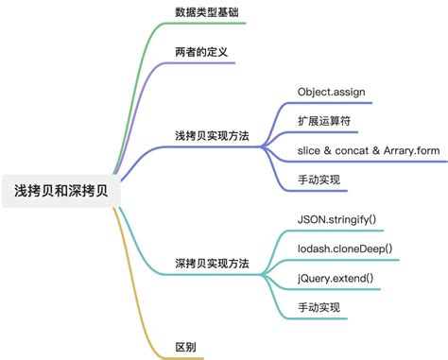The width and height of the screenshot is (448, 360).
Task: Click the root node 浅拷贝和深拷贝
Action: (61, 190)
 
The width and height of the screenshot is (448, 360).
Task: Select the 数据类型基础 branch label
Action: (207, 13)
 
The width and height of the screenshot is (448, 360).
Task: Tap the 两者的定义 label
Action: (200, 51)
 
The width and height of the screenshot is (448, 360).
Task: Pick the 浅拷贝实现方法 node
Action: (213, 135)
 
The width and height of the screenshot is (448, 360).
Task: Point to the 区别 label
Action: (186, 347)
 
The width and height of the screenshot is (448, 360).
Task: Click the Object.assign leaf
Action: (331, 93)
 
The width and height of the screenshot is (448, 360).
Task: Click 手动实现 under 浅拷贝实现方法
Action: (318, 180)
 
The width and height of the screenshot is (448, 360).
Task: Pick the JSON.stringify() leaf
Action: (336, 221)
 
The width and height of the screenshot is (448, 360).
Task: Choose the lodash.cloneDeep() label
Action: (345, 249)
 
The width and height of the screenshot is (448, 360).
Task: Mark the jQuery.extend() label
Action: (336, 279)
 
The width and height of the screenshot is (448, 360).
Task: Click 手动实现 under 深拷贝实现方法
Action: (318, 307)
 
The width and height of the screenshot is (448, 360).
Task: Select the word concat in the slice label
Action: (349, 151)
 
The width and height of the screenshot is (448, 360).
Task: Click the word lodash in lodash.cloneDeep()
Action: (317, 249)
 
